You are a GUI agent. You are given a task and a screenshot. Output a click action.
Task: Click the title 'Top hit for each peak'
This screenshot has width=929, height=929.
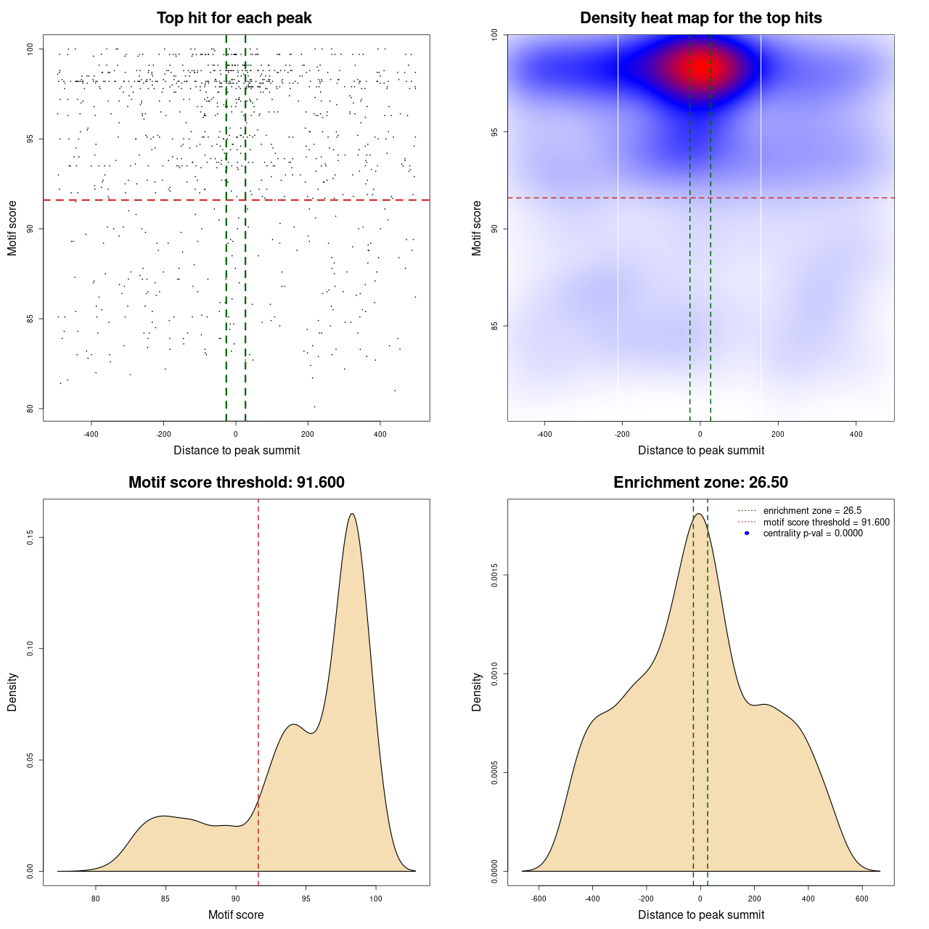coord(234,18)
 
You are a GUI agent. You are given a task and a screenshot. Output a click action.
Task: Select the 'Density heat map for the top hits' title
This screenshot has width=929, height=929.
coord(700,18)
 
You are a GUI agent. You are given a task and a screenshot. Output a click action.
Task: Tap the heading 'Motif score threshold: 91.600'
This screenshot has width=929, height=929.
coord(236,483)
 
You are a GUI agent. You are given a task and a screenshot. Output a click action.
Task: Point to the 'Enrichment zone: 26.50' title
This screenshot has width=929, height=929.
coord(700,483)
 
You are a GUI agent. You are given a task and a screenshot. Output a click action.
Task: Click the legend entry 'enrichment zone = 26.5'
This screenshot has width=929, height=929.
coord(812,511)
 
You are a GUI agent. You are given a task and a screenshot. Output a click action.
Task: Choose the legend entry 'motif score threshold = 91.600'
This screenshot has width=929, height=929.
coord(826,523)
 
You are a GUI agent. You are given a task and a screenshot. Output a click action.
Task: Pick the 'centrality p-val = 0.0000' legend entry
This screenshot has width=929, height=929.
coord(813,533)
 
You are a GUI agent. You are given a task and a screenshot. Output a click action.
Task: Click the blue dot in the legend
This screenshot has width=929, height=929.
coord(747,533)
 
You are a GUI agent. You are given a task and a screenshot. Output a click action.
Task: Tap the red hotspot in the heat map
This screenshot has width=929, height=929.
coord(700,67)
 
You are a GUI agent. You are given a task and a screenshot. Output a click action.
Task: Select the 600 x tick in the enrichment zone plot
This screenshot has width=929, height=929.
coord(862,899)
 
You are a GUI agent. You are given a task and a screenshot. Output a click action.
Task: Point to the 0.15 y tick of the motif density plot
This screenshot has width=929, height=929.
coord(30,537)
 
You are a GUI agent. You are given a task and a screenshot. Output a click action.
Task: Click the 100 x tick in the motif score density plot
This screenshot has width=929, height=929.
coord(375,899)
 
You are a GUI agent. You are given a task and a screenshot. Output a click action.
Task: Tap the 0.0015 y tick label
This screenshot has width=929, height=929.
coord(494,576)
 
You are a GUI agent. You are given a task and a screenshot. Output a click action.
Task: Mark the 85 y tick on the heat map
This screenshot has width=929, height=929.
coord(494,326)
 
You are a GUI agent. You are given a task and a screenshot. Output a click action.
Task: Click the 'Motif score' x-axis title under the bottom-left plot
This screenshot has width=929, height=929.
coord(236,915)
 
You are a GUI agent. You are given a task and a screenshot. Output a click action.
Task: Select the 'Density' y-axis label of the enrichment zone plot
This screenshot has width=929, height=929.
coord(477,692)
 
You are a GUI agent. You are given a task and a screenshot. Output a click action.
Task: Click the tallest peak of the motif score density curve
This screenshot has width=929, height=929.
coord(352,514)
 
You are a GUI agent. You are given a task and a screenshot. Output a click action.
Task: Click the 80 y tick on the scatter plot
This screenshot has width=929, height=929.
coord(30,408)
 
